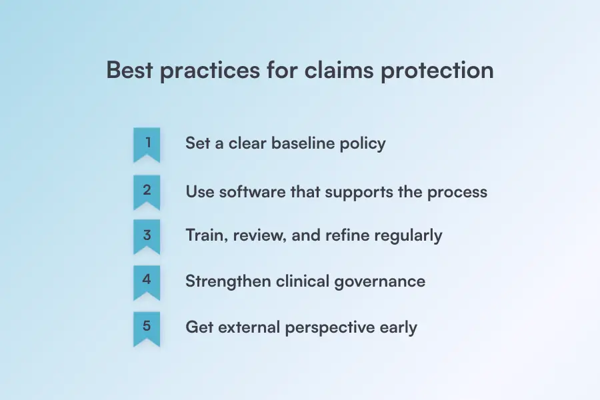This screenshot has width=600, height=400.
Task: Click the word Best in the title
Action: pyautogui.click(x=129, y=70)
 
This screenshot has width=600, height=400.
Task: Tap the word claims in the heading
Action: pyautogui.click(x=339, y=70)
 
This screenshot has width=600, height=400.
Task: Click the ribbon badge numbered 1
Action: pyautogui.click(x=147, y=145)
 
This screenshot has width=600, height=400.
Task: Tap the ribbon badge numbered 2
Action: pyautogui.click(x=147, y=193)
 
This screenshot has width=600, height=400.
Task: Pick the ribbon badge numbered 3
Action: pyautogui.click(x=147, y=237)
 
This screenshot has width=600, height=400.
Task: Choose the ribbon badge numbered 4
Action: pyautogui.click(x=147, y=283)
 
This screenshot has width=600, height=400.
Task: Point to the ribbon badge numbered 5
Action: pyautogui.click(x=147, y=329)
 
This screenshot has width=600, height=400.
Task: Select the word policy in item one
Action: pyautogui.click(x=363, y=145)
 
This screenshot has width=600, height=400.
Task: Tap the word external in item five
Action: pyautogui.click(x=249, y=327)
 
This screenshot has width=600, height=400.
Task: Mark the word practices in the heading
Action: pyautogui.click(x=210, y=72)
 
